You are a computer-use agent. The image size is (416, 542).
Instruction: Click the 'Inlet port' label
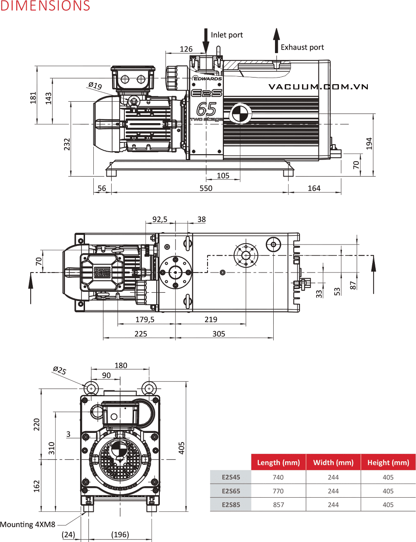(226, 35)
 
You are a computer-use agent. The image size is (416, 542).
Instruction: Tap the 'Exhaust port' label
(302, 47)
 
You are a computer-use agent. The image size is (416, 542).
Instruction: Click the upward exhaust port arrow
(276, 40)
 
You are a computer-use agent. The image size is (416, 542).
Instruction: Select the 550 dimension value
(206, 188)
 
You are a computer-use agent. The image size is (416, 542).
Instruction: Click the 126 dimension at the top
(186, 49)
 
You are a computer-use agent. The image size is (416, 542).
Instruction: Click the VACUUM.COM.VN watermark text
(318, 87)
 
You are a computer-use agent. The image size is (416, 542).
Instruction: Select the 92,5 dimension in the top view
(160, 219)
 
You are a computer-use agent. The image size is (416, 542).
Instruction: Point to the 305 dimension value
(219, 334)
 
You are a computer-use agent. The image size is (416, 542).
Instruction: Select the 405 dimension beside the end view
(182, 447)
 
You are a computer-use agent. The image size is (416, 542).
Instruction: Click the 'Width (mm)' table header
(333, 463)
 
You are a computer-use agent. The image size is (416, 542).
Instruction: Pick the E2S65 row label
(231, 491)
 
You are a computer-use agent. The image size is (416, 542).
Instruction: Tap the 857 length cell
(278, 505)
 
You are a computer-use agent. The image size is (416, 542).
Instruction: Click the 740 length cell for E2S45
(278, 478)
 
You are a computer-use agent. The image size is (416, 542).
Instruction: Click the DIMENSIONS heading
(45, 6)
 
